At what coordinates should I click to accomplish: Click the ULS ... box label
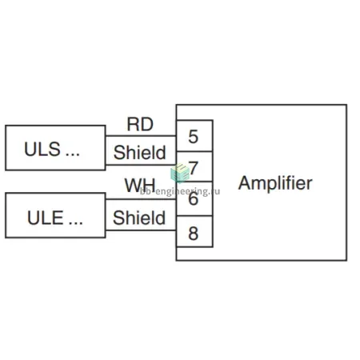52,149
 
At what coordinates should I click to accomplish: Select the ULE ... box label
55,218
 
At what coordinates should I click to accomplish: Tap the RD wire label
140,124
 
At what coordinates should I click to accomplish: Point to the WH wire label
140,185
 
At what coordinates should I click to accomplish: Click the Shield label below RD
140,152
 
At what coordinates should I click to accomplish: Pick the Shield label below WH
139,218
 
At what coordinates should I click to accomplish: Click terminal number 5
194,137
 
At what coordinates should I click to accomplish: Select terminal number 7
194,168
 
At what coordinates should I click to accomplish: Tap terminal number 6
194,198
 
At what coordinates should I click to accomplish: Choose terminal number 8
194,234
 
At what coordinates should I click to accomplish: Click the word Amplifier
275,183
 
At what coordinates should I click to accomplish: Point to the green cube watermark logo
180,173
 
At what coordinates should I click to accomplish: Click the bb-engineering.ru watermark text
180,191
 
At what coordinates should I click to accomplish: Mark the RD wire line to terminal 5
141,136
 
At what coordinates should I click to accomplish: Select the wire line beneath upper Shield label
141,165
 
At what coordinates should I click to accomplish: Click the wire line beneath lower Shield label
141,230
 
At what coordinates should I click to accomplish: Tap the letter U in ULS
30,149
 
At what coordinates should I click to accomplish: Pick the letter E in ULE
58,218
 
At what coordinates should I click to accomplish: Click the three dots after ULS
73,154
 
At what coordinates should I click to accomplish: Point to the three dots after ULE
76,223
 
